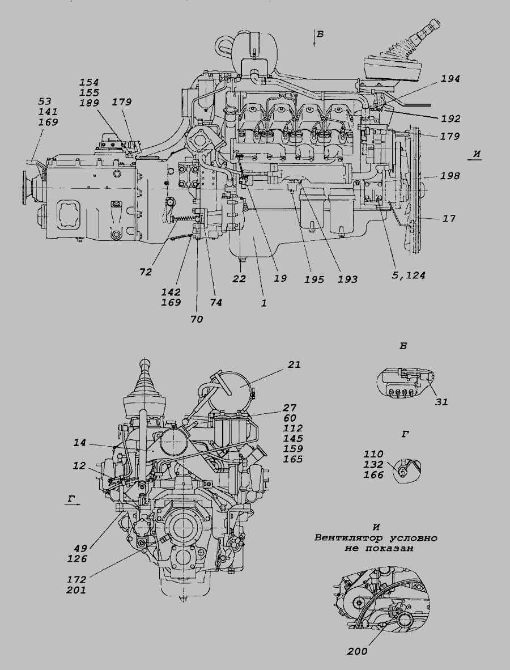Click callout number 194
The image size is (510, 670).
point(450,79)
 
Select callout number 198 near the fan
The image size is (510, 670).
point(450,176)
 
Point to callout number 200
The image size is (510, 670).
point(357,651)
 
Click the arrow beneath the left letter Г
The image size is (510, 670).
point(72,502)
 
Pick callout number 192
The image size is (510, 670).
point(450,120)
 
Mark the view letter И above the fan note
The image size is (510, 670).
point(376,527)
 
